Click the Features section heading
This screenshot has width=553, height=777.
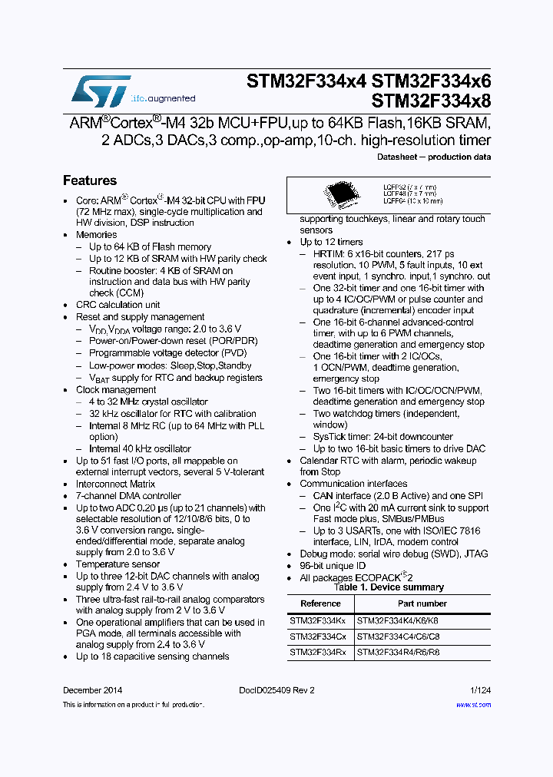[x=90, y=180]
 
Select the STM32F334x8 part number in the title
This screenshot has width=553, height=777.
[x=431, y=101]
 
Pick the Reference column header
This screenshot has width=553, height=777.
[x=320, y=603]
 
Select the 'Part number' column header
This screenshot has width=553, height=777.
[x=422, y=603]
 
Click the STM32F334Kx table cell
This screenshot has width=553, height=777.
[x=317, y=620]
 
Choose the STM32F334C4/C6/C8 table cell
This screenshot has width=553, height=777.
[x=398, y=636]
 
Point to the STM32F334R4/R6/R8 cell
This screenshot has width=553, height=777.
[x=398, y=652]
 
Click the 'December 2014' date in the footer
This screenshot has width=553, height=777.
[x=92, y=690]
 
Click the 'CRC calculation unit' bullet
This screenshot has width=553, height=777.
[x=118, y=305]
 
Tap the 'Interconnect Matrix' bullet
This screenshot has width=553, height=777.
[x=115, y=484]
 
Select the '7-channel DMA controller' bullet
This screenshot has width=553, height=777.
[x=128, y=496]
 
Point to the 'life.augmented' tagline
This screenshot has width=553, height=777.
[x=163, y=98]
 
